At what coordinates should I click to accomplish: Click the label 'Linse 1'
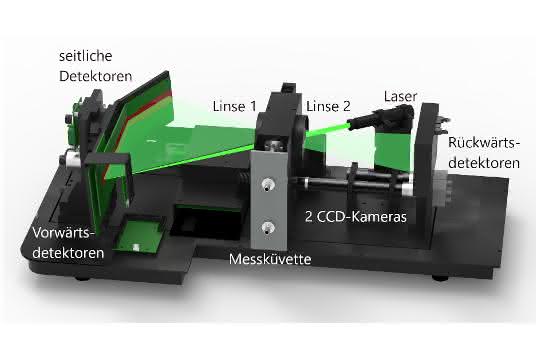click(x=235, y=106)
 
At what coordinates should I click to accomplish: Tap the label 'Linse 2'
click(x=328, y=106)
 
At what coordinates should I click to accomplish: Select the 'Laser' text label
click(x=401, y=96)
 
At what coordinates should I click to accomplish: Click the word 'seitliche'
click(x=85, y=56)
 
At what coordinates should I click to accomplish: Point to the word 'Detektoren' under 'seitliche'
click(x=95, y=76)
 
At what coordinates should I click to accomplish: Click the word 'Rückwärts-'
click(x=484, y=143)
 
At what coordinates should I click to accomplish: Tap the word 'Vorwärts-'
click(x=63, y=233)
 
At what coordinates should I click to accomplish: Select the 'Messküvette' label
click(x=270, y=259)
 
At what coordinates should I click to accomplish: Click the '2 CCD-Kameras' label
click(x=356, y=217)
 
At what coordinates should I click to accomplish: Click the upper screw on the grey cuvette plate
click(x=267, y=184)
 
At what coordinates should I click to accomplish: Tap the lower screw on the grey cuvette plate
click(x=267, y=227)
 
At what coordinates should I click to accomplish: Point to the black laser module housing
click(x=382, y=116)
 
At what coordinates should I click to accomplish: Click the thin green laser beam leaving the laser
click(x=327, y=129)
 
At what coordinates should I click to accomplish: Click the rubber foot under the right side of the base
click(x=441, y=277)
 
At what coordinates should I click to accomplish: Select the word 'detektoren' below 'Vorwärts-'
click(x=68, y=253)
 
